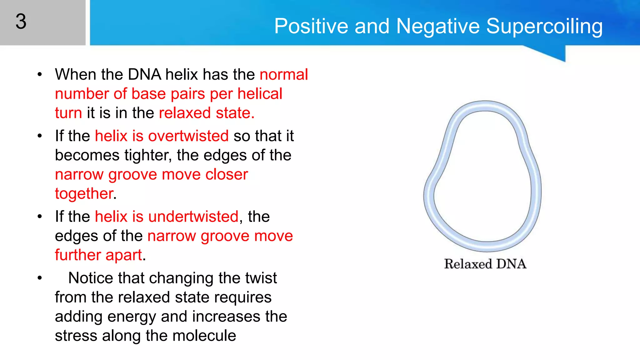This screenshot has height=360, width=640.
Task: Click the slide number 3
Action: point(21,22)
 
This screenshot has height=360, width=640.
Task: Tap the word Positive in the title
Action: point(311,26)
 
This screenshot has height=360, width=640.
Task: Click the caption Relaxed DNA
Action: point(485,264)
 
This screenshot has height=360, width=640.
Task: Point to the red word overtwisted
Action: point(188,136)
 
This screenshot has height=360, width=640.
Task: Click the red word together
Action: point(84,194)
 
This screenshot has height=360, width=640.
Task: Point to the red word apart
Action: point(124,255)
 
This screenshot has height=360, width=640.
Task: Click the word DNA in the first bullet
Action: point(144,75)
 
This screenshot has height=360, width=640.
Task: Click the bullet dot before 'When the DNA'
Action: point(39,75)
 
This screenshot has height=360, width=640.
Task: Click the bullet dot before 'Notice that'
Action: point(39,278)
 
